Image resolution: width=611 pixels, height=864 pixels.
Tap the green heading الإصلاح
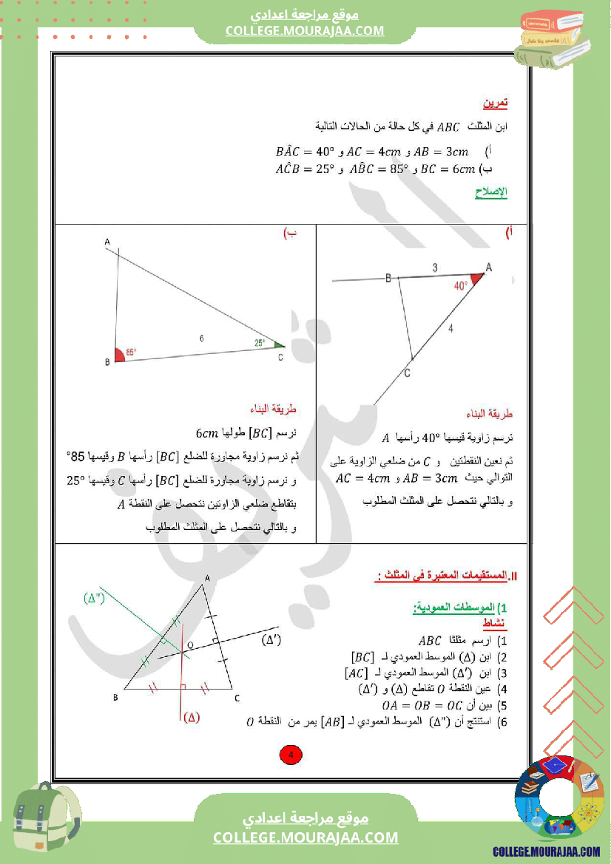[490, 193]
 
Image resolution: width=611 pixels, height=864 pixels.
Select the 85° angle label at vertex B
[131, 353]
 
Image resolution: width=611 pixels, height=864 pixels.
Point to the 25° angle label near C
[260, 342]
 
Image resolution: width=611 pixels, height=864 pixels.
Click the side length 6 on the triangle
[201, 338]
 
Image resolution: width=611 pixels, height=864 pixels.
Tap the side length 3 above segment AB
[435, 268]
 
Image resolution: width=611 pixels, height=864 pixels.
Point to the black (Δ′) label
[272, 640]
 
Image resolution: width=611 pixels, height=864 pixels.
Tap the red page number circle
[290, 755]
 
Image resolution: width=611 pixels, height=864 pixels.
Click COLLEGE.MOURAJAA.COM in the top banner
[305, 30]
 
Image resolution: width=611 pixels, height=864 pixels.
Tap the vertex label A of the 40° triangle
[488, 267]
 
